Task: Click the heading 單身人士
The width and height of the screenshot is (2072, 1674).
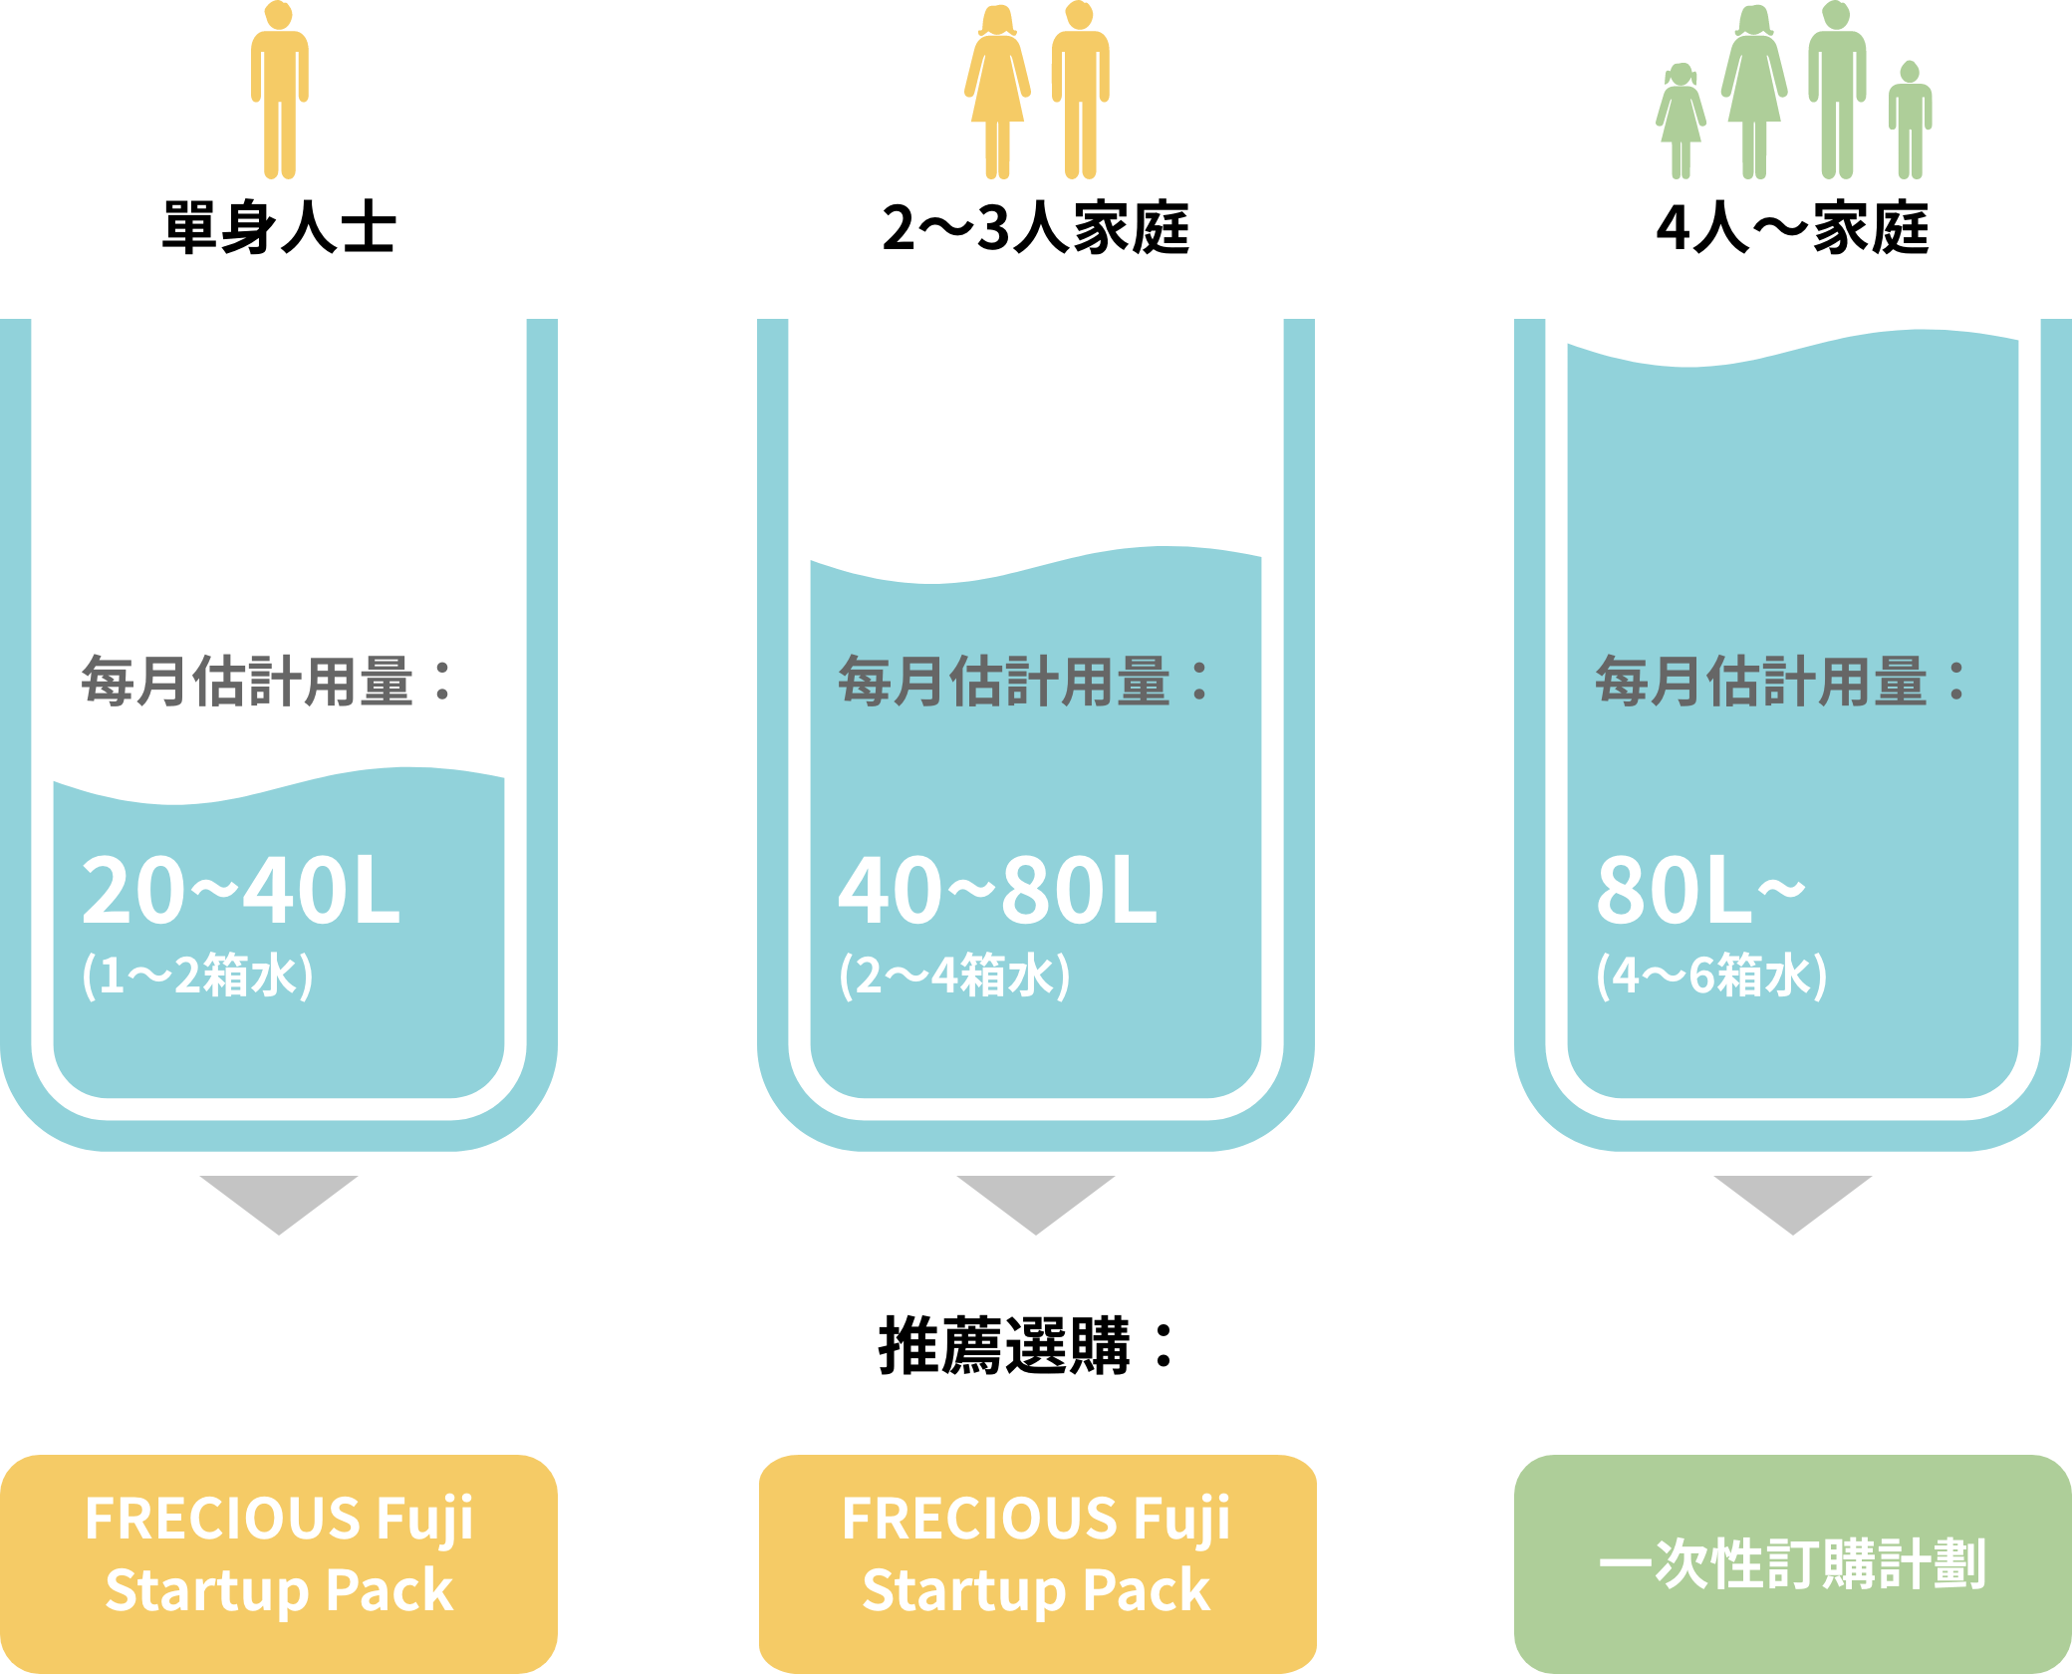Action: pos(279,228)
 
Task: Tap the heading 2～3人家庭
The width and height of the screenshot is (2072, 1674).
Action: pos(1035,228)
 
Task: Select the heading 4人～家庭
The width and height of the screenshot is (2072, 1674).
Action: pos(1792,228)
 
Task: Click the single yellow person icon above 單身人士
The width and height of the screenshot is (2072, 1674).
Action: pos(280,90)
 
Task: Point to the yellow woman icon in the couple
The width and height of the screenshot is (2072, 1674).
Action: pos(997,92)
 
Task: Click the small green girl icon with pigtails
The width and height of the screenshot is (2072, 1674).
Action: pos(1681,122)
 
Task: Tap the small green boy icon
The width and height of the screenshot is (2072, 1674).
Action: pos(1910,121)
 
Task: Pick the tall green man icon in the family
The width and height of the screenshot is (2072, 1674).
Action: pos(1837,90)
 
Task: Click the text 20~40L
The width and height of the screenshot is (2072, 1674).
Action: pos(241,890)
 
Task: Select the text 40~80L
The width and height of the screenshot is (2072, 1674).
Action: pos(997,890)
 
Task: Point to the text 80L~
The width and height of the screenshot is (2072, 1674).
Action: pos(1700,890)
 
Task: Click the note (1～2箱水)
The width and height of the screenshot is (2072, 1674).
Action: pos(197,976)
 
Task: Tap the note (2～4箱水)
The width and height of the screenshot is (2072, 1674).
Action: pos(954,976)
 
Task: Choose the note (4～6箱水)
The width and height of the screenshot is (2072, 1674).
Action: pos(1711,976)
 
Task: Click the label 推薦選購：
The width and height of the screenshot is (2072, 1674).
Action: pos(1028,1345)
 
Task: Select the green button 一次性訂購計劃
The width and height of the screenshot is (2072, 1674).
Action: pos(1793,1564)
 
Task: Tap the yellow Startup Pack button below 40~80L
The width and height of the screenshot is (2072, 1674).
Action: pos(1037,1564)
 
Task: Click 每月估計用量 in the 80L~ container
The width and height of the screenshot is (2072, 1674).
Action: pos(1760,682)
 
